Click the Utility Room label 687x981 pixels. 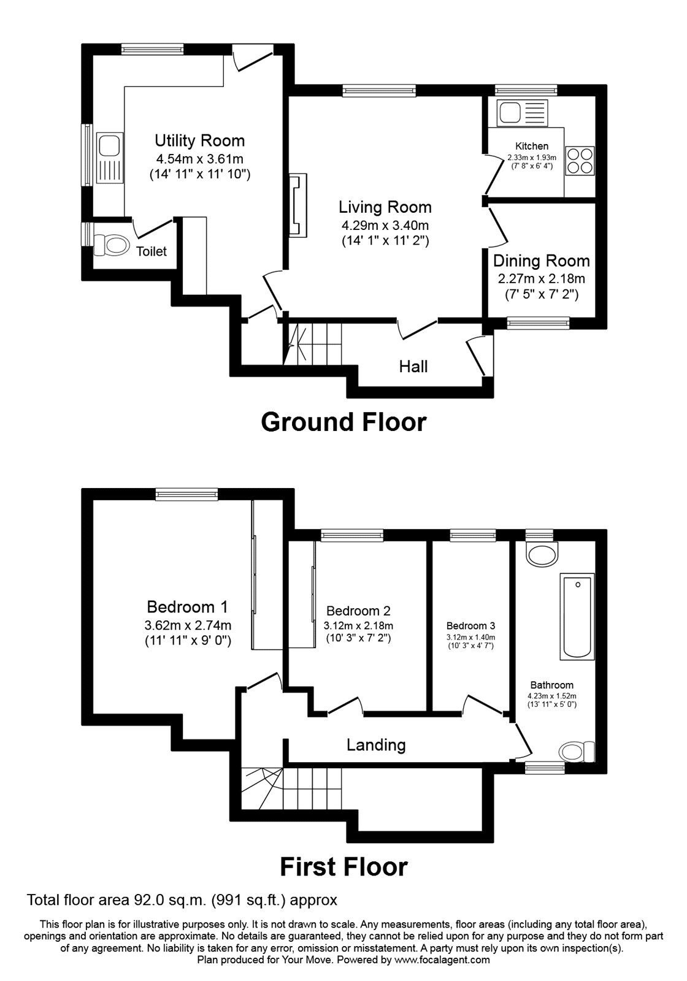[199, 141]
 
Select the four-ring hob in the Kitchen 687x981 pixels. [580, 160]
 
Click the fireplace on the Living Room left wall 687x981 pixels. [297, 205]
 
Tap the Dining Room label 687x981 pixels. [541, 261]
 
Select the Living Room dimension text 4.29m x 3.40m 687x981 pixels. [385, 224]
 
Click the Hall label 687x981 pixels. [413, 367]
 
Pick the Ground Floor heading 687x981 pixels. [343, 422]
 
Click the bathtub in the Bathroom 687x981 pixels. [577, 616]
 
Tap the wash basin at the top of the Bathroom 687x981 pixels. [542, 553]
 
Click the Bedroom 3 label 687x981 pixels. [470, 626]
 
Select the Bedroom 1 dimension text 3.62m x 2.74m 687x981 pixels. [188, 625]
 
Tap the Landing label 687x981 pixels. [376, 745]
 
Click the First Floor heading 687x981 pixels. [343, 867]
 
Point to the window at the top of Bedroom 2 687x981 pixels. [352, 535]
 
